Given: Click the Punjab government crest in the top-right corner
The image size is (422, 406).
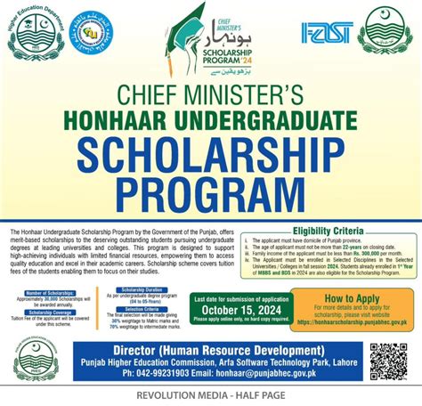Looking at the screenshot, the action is [x=386, y=35].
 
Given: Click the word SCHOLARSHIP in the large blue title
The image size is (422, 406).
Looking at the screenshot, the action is [x=211, y=157].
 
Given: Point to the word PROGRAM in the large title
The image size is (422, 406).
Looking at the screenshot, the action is [x=211, y=192].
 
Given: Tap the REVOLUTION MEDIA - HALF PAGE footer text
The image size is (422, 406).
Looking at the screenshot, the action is [x=211, y=394].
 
